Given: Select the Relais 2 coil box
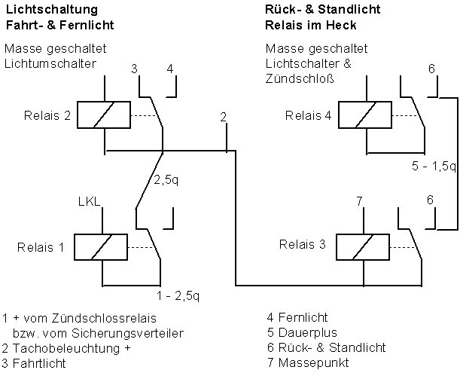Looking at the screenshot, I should [106, 115].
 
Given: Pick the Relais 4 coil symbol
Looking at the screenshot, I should [365, 115].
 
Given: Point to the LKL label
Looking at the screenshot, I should [89, 202].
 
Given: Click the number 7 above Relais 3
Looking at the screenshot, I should [359, 200].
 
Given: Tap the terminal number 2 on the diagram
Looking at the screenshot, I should [224, 117].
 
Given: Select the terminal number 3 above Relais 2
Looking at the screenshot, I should [134, 69].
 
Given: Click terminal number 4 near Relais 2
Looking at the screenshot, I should [170, 69].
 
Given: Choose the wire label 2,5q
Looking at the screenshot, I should [166, 181].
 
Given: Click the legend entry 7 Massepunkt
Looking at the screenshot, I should [307, 362].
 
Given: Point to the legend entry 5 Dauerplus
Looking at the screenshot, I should [302, 332].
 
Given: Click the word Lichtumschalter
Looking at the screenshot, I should [50, 63].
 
